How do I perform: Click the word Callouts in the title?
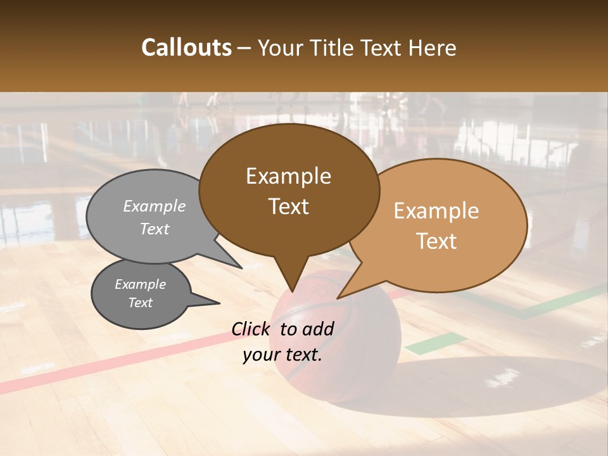[x=186, y=47]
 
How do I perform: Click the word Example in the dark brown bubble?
[x=288, y=176]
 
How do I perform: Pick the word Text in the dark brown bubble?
[x=288, y=206]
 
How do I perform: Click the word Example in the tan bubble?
[x=436, y=211]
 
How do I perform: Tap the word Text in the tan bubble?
[x=436, y=241]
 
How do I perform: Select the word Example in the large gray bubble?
[x=155, y=206]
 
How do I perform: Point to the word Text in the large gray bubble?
[x=155, y=229]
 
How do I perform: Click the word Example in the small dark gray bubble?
[x=140, y=284]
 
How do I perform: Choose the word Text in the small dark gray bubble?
[x=140, y=303]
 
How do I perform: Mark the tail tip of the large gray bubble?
[x=241, y=267]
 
